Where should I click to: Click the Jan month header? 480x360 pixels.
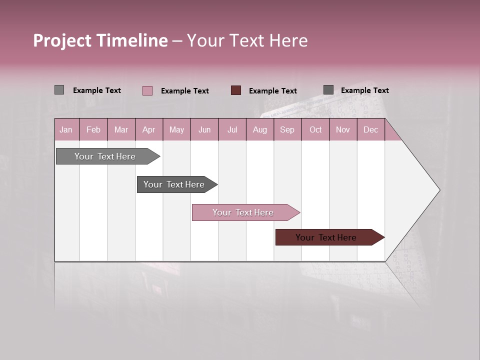coord(66,130)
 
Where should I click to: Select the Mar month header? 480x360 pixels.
coord(121,130)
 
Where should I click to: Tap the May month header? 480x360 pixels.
coord(176,130)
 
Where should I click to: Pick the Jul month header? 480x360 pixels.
coord(232,130)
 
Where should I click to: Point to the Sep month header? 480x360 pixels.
coord(287,130)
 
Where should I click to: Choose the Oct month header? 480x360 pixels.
coord(315,130)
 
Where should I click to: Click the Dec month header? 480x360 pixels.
coord(370,130)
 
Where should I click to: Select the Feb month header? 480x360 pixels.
coord(93,130)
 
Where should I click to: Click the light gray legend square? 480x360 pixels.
coord(59,90)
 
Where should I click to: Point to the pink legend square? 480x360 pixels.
coord(147,90)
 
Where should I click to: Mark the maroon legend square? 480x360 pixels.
coord(236,90)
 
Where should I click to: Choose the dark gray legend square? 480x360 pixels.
coord(328,90)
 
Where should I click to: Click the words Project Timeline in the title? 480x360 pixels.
coord(100,40)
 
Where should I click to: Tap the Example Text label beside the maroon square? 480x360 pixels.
coord(272,91)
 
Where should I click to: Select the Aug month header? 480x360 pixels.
coord(259,130)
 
